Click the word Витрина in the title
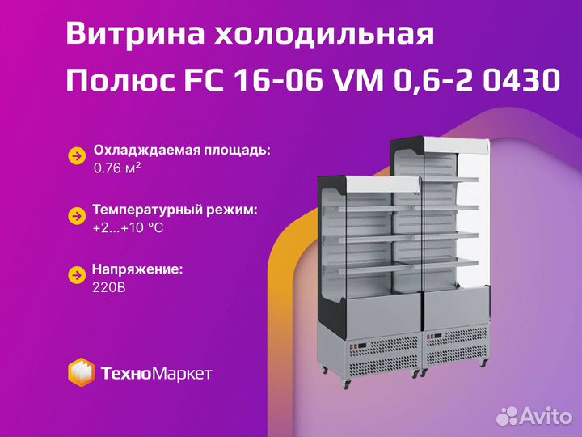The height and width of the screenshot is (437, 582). [136, 34]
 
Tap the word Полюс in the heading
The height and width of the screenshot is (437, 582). [120, 80]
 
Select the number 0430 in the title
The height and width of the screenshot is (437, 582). [521, 80]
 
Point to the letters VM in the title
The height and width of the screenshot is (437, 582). [360, 80]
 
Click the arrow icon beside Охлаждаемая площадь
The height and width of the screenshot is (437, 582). [78, 156]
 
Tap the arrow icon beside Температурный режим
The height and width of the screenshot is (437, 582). [77, 216]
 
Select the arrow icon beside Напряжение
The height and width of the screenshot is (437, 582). [77, 275]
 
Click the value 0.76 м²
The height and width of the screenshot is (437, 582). [117, 168]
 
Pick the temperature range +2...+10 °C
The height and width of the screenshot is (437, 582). [128, 227]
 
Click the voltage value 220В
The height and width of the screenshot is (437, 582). [109, 287]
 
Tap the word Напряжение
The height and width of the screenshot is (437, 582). [137, 269]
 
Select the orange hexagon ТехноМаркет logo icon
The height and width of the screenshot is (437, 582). [81, 372]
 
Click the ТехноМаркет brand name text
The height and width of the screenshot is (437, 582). [157, 373]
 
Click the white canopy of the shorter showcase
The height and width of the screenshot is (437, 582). [382, 185]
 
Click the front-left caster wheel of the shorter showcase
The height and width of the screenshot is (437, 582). [346, 384]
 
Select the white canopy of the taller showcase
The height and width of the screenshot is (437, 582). [456, 146]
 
